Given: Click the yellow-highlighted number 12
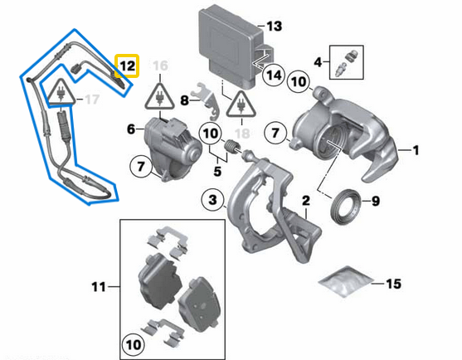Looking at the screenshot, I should pyautogui.click(x=127, y=64).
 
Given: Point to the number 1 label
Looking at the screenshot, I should pyautogui.click(x=416, y=150).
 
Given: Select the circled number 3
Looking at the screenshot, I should pyautogui.click(x=213, y=201).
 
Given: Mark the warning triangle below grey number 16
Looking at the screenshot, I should pyautogui.click(x=158, y=99).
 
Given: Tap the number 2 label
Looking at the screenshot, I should pyautogui.click(x=305, y=201).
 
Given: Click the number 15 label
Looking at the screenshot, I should pyautogui.click(x=392, y=284).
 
